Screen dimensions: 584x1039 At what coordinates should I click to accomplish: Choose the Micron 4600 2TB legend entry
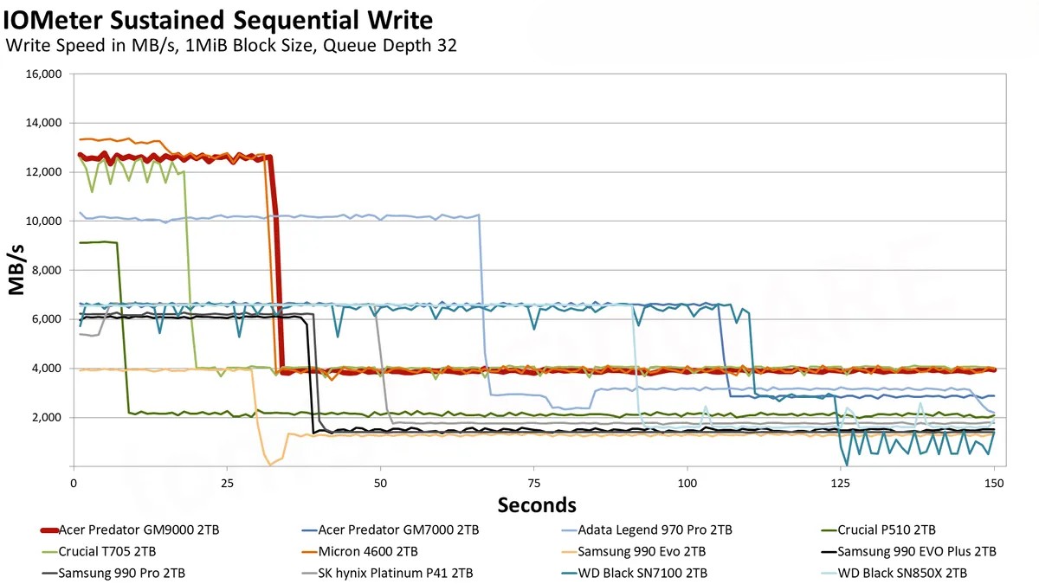tap(369, 551)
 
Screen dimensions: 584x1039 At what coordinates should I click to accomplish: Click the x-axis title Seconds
tap(536, 504)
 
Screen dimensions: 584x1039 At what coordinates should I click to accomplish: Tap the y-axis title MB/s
tap(17, 271)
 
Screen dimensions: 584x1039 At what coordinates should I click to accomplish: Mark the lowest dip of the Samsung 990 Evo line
tap(270, 465)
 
